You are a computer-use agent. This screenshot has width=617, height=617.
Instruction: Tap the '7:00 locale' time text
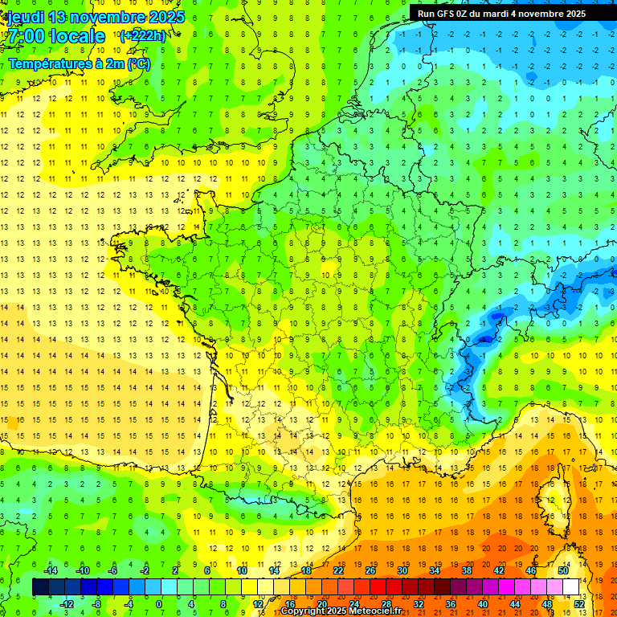pyautogui.click(x=56, y=36)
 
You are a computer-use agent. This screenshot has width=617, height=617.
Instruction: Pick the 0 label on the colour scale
pyautogui.click(x=158, y=604)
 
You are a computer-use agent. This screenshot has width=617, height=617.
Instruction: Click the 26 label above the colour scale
pyautogui.click(x=370, y=570)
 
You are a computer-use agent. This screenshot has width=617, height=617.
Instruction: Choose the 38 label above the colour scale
pyautogui.click(x=467, y=570)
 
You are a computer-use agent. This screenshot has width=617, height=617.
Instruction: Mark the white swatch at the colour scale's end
pyautogui.click(x=571, y=587)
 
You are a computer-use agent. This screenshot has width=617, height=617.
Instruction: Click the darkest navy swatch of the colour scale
pyautogui.click(x=40, y=587)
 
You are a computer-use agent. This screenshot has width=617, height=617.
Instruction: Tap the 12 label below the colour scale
pyautogui.click(x=257, y=604)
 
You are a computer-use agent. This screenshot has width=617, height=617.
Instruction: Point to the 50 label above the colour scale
pyautogui.click(x=563, y=570)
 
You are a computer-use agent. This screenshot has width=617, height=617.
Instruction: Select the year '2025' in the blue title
pyautogui.click(x=167, y=17)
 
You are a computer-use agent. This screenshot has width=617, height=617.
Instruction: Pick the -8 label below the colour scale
pyautogui.click(x=96, y=604)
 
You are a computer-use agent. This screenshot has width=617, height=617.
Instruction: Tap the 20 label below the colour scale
pyautogui.click(x=321, y=604)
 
